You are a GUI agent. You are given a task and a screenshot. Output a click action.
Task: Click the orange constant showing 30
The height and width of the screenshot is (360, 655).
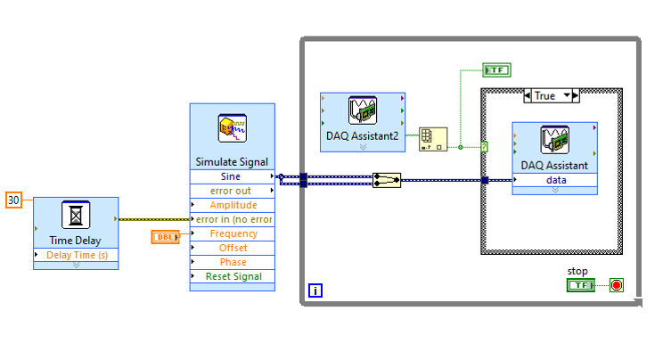tap(13, 200)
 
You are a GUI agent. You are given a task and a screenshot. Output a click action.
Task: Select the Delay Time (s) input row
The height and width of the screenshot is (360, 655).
tap(76, 256)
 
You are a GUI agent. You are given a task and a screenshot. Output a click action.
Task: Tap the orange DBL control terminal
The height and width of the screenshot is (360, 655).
tap(166, 236)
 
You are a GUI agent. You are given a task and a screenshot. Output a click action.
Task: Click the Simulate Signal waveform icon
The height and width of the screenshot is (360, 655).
tap(232, 130)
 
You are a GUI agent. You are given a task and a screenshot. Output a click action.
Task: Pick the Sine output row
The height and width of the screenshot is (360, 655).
tap(232, 176)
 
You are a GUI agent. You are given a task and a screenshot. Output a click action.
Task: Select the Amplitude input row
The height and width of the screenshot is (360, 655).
tap(232, 205)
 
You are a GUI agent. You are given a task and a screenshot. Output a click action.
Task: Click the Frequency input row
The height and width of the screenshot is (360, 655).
tap(232, 233)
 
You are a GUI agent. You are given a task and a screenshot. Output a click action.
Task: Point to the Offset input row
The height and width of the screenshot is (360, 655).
tap(232, 248)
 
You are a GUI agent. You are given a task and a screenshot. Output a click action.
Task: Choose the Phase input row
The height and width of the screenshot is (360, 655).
tap(232, 262)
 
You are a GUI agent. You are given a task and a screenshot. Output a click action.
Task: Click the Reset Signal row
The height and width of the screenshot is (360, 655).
tap(232, 276)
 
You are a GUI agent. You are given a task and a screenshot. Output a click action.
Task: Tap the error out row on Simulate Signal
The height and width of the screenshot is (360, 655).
tap(232, 191)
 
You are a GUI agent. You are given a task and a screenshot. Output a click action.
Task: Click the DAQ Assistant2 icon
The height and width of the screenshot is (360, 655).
tap(363, 110)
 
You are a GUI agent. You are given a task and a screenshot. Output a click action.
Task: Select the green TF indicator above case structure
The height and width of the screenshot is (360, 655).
tap(496, 70)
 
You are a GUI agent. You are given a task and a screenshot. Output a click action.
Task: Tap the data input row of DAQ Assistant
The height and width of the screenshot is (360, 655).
tap(555, 180)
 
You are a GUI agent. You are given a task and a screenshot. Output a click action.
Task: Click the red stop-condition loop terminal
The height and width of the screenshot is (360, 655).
tap(616, 285)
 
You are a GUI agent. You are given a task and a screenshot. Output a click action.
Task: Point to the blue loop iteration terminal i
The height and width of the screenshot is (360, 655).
tap(315, 290)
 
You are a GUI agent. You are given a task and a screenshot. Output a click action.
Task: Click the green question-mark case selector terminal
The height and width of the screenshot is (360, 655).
tap(484, 147)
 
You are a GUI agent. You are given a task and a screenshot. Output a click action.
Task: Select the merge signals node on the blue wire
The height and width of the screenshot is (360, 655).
tap(387, 180)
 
